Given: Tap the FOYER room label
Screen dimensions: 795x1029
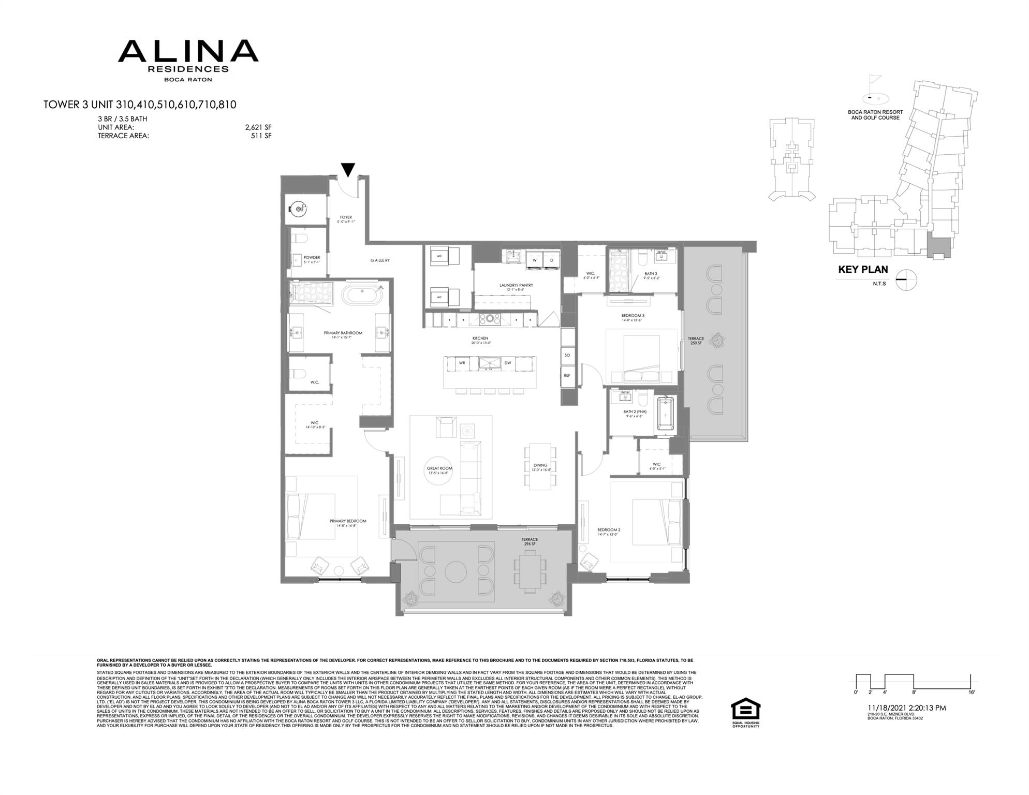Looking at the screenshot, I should (346, 217).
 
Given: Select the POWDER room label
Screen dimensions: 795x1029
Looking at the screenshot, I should (312, 258).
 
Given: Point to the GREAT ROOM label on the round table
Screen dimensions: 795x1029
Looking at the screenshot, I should (439, 469).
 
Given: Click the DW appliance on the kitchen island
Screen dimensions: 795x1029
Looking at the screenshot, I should (508, 363).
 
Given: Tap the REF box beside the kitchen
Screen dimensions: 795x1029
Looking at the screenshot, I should (567, 375).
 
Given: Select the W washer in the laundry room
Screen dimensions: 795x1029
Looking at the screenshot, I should (535, 260).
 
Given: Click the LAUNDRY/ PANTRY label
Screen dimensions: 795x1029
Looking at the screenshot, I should (516, 285).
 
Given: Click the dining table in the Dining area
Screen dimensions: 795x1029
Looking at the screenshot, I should (540, 466).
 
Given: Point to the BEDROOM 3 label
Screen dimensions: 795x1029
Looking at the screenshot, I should (633, 315).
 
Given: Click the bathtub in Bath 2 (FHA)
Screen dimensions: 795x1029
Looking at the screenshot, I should (666, 415).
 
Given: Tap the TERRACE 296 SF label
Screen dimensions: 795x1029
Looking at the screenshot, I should (530, 542).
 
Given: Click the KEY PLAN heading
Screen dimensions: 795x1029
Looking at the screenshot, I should (863, 270).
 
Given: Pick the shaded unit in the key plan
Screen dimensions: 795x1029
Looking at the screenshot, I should (939, 248).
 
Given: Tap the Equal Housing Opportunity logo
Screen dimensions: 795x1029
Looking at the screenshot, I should (745, 713).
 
